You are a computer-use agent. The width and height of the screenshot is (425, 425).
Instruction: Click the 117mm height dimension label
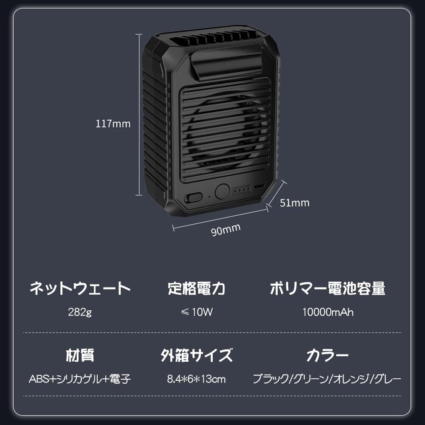[x=113, y=124]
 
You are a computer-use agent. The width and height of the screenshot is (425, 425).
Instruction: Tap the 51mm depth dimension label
[x=295, y=203]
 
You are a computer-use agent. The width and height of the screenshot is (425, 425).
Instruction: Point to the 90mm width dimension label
[x=226, y=230]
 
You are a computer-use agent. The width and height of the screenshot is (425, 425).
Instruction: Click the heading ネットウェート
[x=80, y=289]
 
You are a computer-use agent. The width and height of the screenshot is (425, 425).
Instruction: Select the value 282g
[x=80, y=312]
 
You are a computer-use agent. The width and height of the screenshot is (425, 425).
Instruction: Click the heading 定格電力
[x=196, y=289]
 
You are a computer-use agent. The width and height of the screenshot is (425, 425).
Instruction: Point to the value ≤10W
[x=196, y=312]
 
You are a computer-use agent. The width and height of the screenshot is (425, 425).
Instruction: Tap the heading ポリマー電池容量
[x=328, y=289]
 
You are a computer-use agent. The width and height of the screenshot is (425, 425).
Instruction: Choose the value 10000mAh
[x=328, y=312]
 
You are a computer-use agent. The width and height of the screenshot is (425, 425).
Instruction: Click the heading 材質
[x=80, y=355]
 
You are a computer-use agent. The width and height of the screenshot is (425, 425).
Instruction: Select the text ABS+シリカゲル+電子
[x=80, y=379]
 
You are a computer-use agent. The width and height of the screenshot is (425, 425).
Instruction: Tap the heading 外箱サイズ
[x=196, y=355]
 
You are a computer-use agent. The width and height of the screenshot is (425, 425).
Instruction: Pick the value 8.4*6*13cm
[x=196, y=379]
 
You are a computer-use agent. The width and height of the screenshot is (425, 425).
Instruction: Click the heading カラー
[x=328, y=355]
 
